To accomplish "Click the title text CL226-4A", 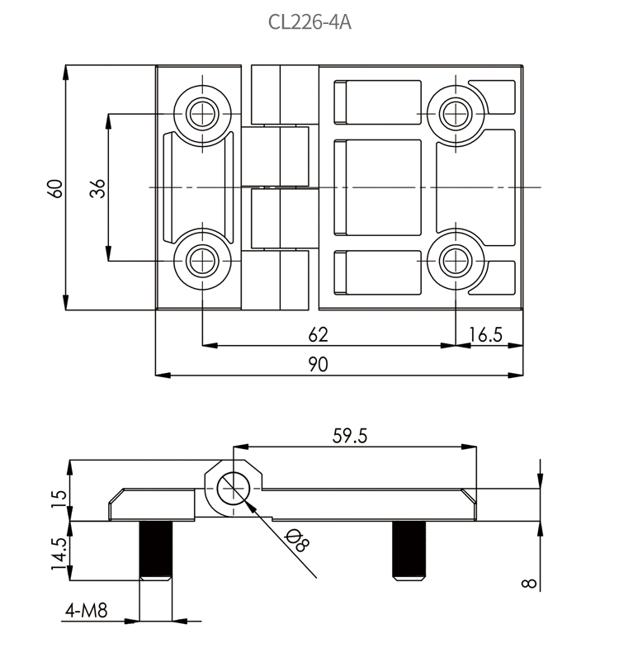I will (x=309, y=22).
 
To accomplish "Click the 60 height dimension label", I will (x=55, y=187).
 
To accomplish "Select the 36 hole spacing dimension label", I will (x=98, y=187).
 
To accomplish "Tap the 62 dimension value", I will (x=318, y=334).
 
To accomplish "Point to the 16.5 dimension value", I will (x=486, y=334).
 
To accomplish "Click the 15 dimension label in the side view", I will (x=58, y=498).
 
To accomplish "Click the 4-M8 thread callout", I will (x=87, y=612).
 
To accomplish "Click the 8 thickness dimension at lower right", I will (x=529, y=584).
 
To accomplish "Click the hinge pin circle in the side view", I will (x=233, y=488).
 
